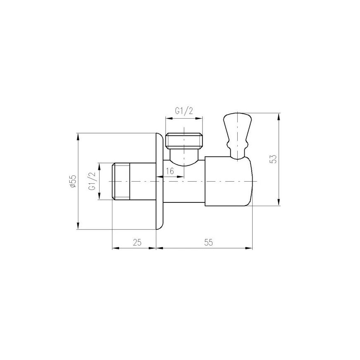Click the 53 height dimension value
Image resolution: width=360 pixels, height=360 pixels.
273,159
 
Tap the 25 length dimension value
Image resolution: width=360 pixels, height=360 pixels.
137,243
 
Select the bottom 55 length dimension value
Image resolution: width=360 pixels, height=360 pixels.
208,243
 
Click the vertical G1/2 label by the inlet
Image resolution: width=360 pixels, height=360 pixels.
92,181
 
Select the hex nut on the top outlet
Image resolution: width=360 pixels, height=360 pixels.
185,141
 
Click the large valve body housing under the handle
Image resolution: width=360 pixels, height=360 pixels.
229,182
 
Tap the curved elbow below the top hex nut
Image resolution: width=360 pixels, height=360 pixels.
185,158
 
